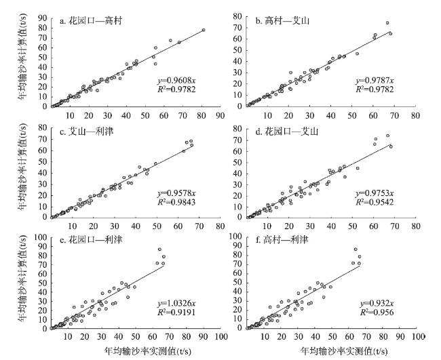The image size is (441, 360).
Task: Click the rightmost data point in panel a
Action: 203,31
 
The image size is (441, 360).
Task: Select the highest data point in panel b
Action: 387,23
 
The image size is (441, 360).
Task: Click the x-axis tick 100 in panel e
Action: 220,337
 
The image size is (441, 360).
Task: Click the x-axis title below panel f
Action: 345,352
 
